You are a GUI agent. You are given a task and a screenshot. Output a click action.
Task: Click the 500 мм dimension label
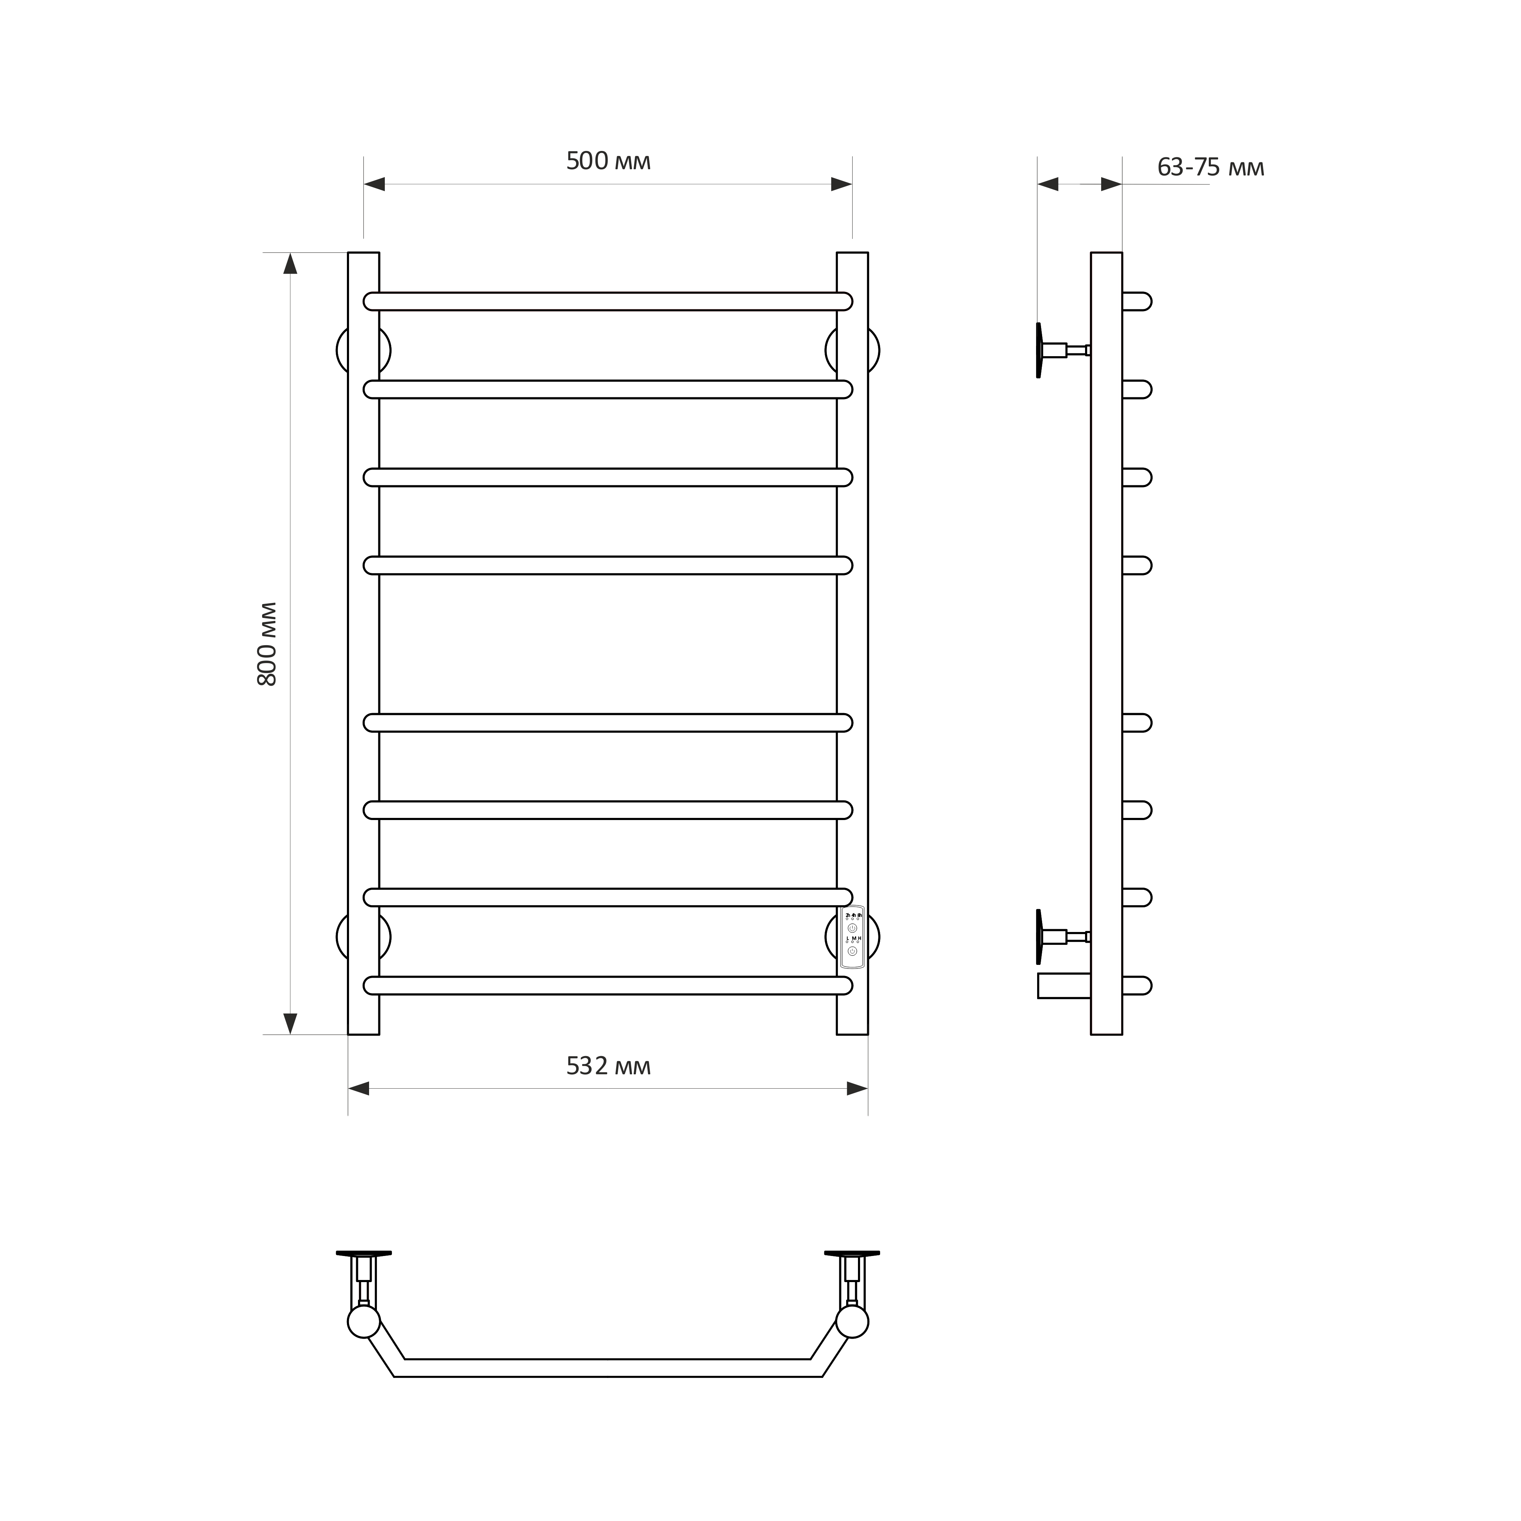tap(609, 161)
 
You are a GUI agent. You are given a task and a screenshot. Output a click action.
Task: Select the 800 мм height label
tap(268, 644)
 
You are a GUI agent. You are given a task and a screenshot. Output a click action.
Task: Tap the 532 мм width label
tap(609, 1066)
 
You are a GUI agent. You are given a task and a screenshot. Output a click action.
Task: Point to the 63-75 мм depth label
tap(1211, 168)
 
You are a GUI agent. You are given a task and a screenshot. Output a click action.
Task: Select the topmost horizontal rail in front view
tap(608, 301)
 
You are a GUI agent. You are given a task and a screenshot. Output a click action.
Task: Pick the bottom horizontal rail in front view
tap(608, 986)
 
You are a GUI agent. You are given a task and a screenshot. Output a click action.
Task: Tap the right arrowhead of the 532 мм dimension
tap(857, 1089)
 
